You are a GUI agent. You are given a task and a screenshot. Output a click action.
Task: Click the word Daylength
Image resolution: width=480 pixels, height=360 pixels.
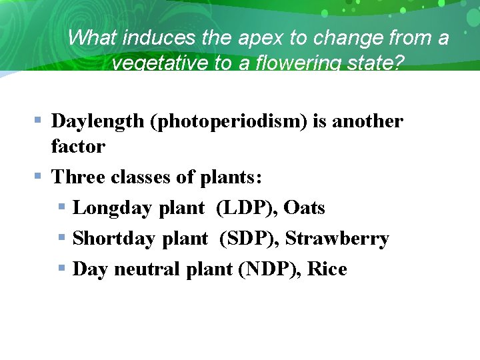[x=97, y=121]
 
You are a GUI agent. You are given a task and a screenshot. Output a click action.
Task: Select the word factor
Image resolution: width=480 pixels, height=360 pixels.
[x=78, y=146]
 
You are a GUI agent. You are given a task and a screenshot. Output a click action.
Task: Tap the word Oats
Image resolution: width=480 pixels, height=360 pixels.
[x=304, y=208]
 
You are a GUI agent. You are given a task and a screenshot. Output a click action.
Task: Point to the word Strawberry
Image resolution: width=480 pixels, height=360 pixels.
[x=337, y=239]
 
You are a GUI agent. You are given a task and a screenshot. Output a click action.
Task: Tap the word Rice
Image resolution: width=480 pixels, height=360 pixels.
[x=327, y=269]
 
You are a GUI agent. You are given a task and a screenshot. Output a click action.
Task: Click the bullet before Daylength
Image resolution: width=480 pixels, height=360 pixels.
[x=39, y=121]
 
